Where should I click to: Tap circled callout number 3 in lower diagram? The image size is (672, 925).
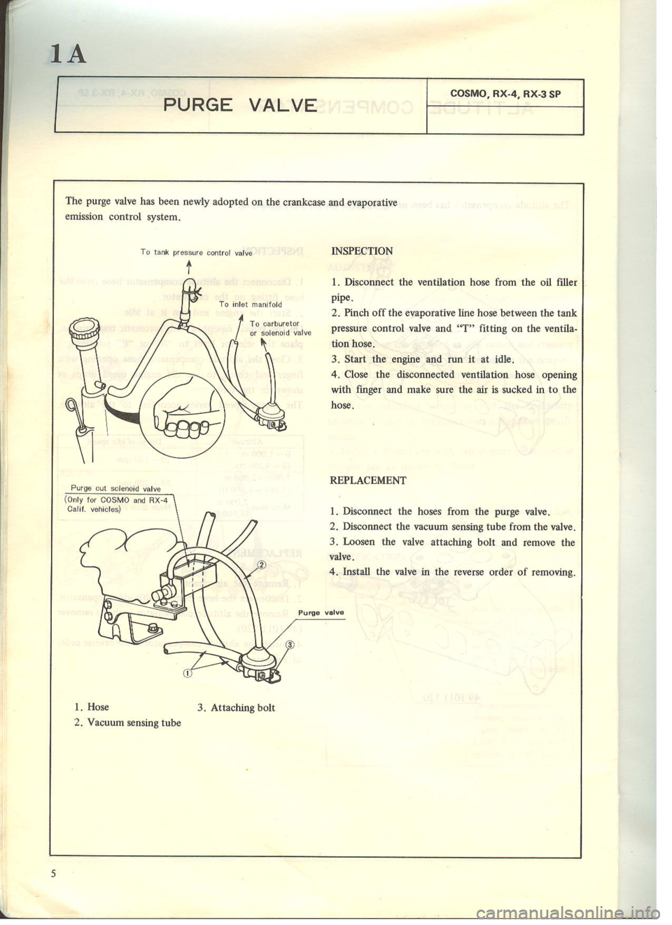[x=288, y=645]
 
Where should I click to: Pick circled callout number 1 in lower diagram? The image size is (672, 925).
[x=187, y=674]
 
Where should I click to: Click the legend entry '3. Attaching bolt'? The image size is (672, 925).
[x=236, y=707]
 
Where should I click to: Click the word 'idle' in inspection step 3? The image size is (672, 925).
[x=503, y=359]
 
